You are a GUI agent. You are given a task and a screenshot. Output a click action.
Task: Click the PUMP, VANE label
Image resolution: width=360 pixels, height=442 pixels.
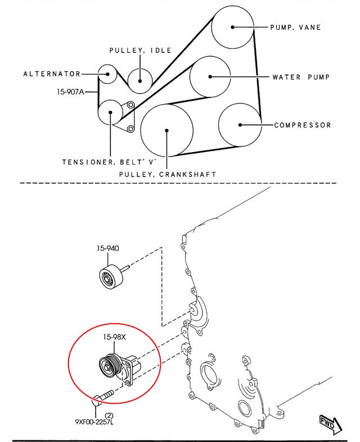coord(295,28)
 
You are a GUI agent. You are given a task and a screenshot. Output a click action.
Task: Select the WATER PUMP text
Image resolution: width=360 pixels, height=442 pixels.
coord(301,77)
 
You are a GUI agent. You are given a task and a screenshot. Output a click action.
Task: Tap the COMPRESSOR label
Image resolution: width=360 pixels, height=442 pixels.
coord(303,125)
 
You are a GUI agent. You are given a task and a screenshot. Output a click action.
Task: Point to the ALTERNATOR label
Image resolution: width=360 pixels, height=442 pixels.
coord(52,74)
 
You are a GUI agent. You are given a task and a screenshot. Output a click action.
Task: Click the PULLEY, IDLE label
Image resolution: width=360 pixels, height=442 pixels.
coord(140,51)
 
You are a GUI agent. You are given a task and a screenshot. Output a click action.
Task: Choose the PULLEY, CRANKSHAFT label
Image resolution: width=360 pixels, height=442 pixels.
coord(168,174)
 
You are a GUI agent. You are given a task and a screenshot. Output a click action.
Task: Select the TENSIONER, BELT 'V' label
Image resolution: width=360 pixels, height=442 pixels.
coord(109,162)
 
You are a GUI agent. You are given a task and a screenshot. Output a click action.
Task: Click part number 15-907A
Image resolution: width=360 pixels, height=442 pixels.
coord(71,92)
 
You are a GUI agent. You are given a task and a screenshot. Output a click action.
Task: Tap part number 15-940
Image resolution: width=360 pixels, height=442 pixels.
coord(108,248)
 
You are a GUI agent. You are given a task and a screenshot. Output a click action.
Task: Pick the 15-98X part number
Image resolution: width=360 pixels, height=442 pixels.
coord(114,337)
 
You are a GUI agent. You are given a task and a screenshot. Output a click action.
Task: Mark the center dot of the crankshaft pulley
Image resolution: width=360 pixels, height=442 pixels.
coord(166,131)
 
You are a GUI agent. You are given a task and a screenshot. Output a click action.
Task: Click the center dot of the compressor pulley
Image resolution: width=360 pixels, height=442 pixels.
coord(240,125)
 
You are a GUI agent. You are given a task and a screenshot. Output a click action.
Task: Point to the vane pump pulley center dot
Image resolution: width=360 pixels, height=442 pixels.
coord(233,27)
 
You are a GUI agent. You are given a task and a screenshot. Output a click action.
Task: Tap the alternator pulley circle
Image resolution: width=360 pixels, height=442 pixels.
coord(107,65)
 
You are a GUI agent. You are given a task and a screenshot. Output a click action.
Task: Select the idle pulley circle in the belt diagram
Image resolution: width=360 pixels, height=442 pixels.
coord(140,69)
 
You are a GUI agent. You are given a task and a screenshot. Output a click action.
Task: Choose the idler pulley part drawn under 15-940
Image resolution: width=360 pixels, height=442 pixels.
coord(111,277)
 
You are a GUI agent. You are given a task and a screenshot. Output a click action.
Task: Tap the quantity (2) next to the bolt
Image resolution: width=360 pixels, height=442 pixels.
coord(109,416)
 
